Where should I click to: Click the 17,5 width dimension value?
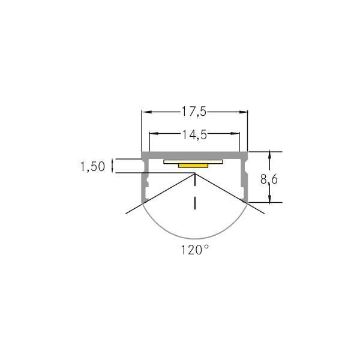coord(194,112)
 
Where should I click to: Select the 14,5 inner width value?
coord(194,135)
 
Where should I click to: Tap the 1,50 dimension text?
coord(92,166)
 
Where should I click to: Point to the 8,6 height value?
coord(269,178)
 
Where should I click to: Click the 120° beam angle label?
coord(195,250)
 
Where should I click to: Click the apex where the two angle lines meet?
coord(195,174)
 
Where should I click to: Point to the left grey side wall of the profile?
coord(145,183)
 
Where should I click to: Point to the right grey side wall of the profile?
coord(245,183)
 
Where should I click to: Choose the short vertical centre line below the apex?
coord(195,202)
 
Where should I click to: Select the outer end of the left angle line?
coord(126,214)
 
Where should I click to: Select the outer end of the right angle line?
coord(265,214)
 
